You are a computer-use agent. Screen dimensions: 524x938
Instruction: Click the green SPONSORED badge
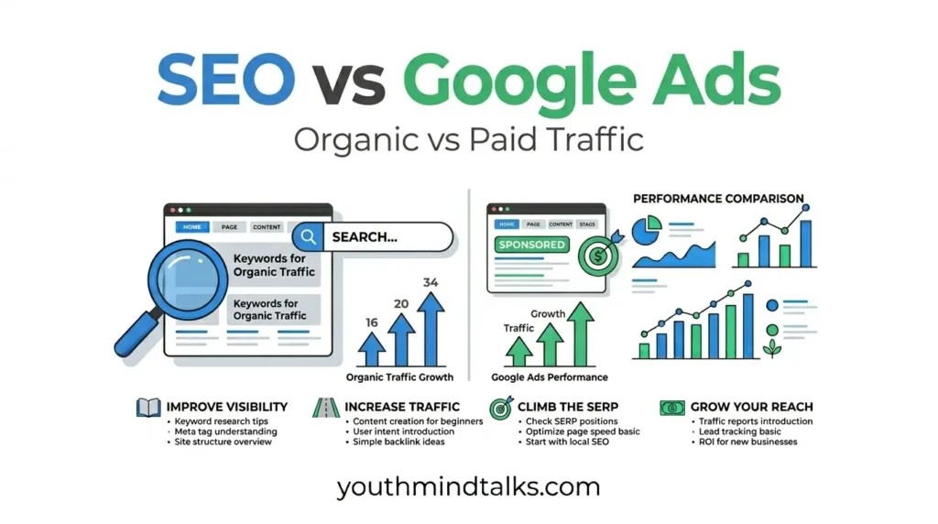[x=531, y=245]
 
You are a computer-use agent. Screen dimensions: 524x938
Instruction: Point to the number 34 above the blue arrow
[x=431, y=282]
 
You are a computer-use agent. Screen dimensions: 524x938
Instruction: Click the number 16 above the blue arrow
[x=370, y=322]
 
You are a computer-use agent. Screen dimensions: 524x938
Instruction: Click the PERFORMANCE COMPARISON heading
[x=718, y=198]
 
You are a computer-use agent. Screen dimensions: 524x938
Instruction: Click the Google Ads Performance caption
[x=549, y=377]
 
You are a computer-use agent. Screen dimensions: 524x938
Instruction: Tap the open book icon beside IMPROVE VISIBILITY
[x=148, y=407]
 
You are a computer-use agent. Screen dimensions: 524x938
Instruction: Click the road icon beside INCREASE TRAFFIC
[x=326, y=407]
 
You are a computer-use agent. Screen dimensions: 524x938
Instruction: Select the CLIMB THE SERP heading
[x=567, y=407]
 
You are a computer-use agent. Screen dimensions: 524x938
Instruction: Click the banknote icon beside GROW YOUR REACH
[x=671, y=407]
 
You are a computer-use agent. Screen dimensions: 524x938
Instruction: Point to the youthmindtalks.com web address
[x=468, y=486]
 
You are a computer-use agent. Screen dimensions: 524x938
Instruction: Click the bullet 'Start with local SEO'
[x=568, y=442]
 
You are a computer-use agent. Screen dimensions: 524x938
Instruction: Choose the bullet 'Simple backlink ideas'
[x=398, y=442]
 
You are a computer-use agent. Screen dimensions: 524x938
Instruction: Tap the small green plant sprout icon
[x=772, y=348]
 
